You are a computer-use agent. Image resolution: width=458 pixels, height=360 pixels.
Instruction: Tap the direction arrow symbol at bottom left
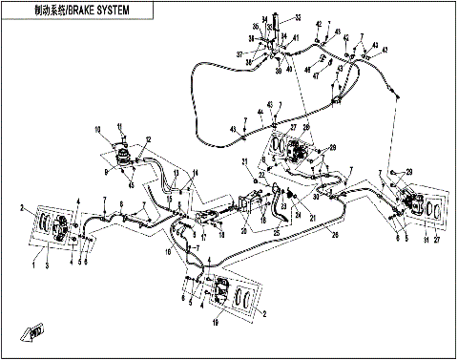tap(37, 331)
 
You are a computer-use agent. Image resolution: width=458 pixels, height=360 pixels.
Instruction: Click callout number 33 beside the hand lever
tap(298, 18)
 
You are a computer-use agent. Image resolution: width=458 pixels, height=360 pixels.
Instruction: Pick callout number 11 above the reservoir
tap(120, 125)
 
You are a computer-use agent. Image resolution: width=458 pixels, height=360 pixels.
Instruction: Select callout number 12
tap(148, 140)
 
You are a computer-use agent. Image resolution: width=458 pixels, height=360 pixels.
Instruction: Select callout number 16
tap(171, 252)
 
